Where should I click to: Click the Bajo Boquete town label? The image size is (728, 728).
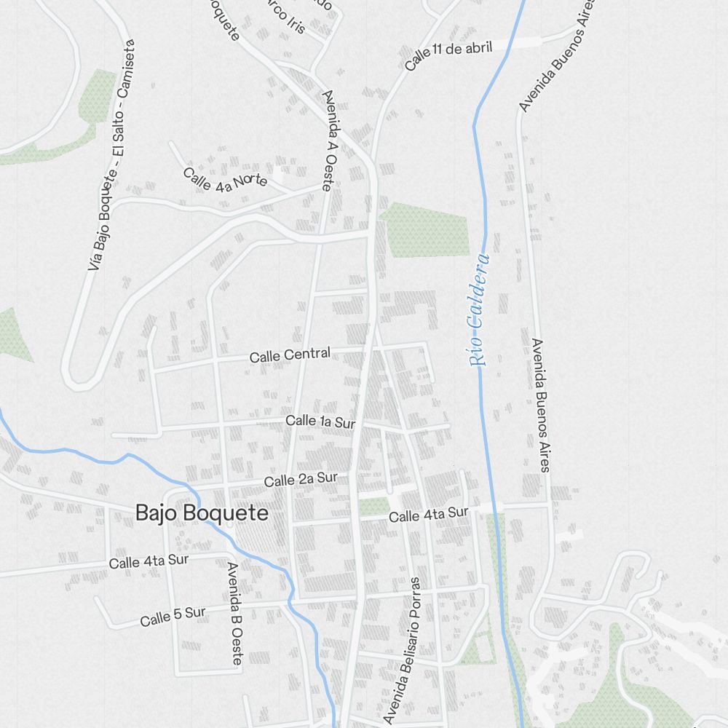202,513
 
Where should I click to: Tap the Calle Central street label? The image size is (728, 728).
290,355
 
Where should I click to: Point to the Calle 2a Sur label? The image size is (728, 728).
301,480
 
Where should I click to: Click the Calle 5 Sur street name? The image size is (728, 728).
173,617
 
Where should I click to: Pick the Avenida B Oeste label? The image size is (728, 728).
234,613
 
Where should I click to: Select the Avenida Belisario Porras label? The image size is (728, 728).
403,650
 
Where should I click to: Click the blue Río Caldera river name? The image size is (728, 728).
478,309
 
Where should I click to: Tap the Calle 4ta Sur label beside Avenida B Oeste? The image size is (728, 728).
149,561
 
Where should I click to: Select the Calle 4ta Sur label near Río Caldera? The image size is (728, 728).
428,515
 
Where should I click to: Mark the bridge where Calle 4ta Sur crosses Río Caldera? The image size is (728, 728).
496,507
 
